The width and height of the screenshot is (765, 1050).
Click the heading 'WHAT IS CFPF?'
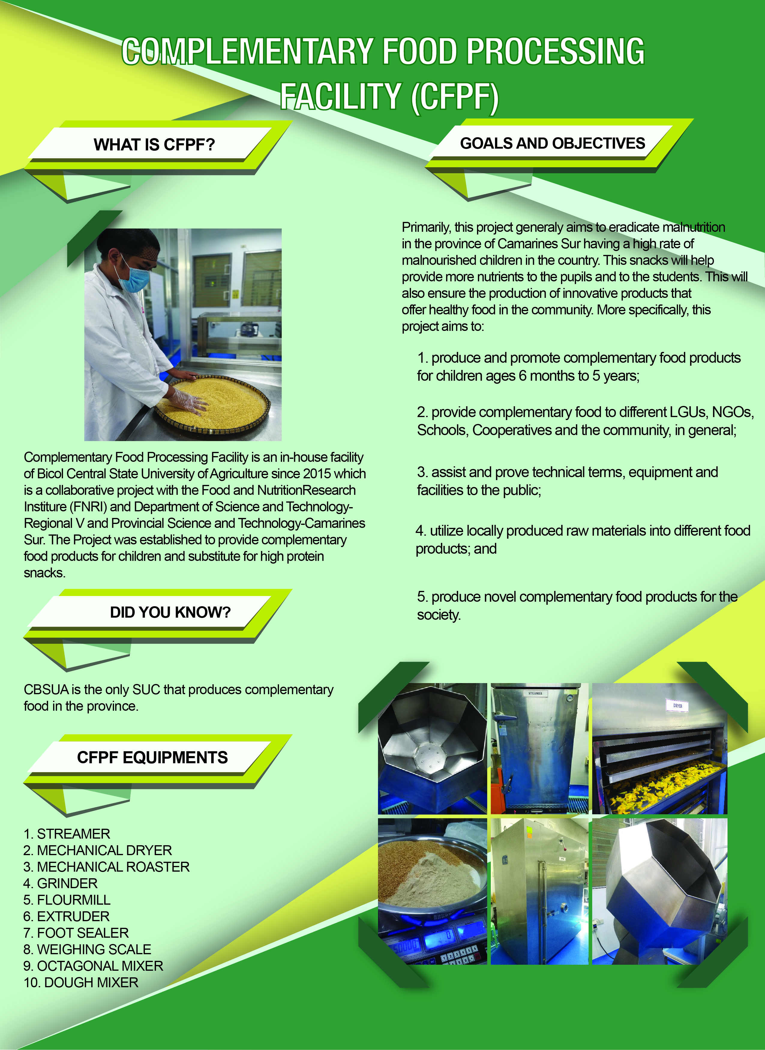(154, 144)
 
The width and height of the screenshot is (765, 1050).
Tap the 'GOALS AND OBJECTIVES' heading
(552, 143)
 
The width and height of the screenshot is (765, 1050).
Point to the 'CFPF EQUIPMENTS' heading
(152, 757)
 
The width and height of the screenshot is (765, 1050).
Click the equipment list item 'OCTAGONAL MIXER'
(100, 966)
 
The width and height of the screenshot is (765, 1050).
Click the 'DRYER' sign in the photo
(677, 706)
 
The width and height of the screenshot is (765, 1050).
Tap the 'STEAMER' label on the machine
(535, 693)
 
